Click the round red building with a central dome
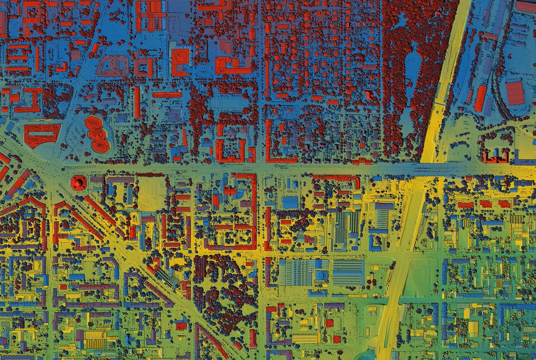pos(79,183)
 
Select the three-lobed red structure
pos(97,132)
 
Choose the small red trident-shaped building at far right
pos(496,156)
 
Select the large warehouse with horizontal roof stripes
pos(348,272)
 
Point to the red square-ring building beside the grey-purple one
pos(143,66)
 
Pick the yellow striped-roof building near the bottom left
pos(95,339)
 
